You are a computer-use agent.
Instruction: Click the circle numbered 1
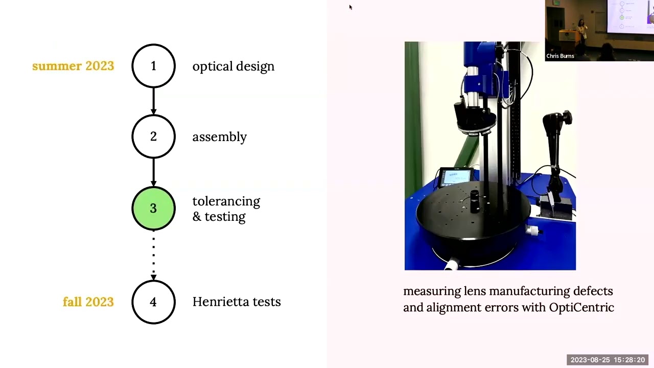pos(153,66)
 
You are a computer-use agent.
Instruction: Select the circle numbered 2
pos(153,136)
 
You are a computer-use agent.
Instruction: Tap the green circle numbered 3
pos(153,208)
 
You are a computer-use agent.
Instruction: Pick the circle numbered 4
pos(153,302)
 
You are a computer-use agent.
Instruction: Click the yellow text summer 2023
pos(73,66)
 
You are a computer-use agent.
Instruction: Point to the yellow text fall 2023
pos(88,302)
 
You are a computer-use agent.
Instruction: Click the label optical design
pos(233,66)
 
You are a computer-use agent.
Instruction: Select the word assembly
pos(219,137)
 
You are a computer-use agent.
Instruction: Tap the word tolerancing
pos(226,201)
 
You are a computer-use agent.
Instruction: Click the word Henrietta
pos(221,302)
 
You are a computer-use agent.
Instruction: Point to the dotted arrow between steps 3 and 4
pos(153,255)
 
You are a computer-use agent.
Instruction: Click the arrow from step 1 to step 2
pos(153,101)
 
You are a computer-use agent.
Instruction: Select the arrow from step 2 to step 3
pos(153,172)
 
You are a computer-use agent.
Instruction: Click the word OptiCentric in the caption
pos(581,307)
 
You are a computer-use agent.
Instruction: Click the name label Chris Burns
pos(560,56)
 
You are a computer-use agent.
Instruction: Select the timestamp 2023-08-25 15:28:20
pos(608,360)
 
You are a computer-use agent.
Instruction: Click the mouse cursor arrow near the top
pos(351,7)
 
